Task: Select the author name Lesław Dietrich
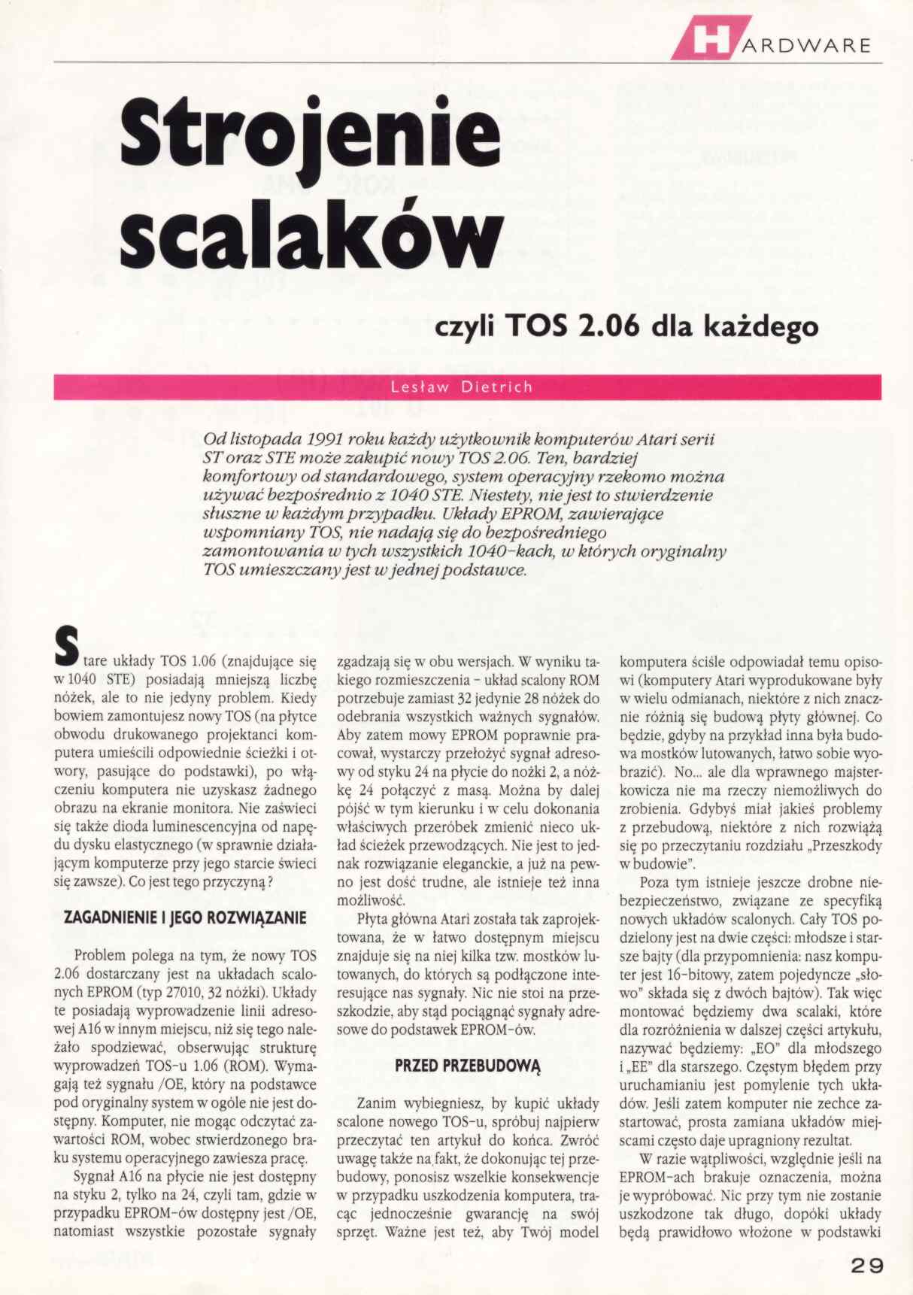(462, 387)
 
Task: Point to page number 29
(867, 1265)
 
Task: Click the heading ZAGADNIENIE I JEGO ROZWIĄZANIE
(185, 918)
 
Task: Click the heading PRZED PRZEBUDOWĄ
(468, 1066)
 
